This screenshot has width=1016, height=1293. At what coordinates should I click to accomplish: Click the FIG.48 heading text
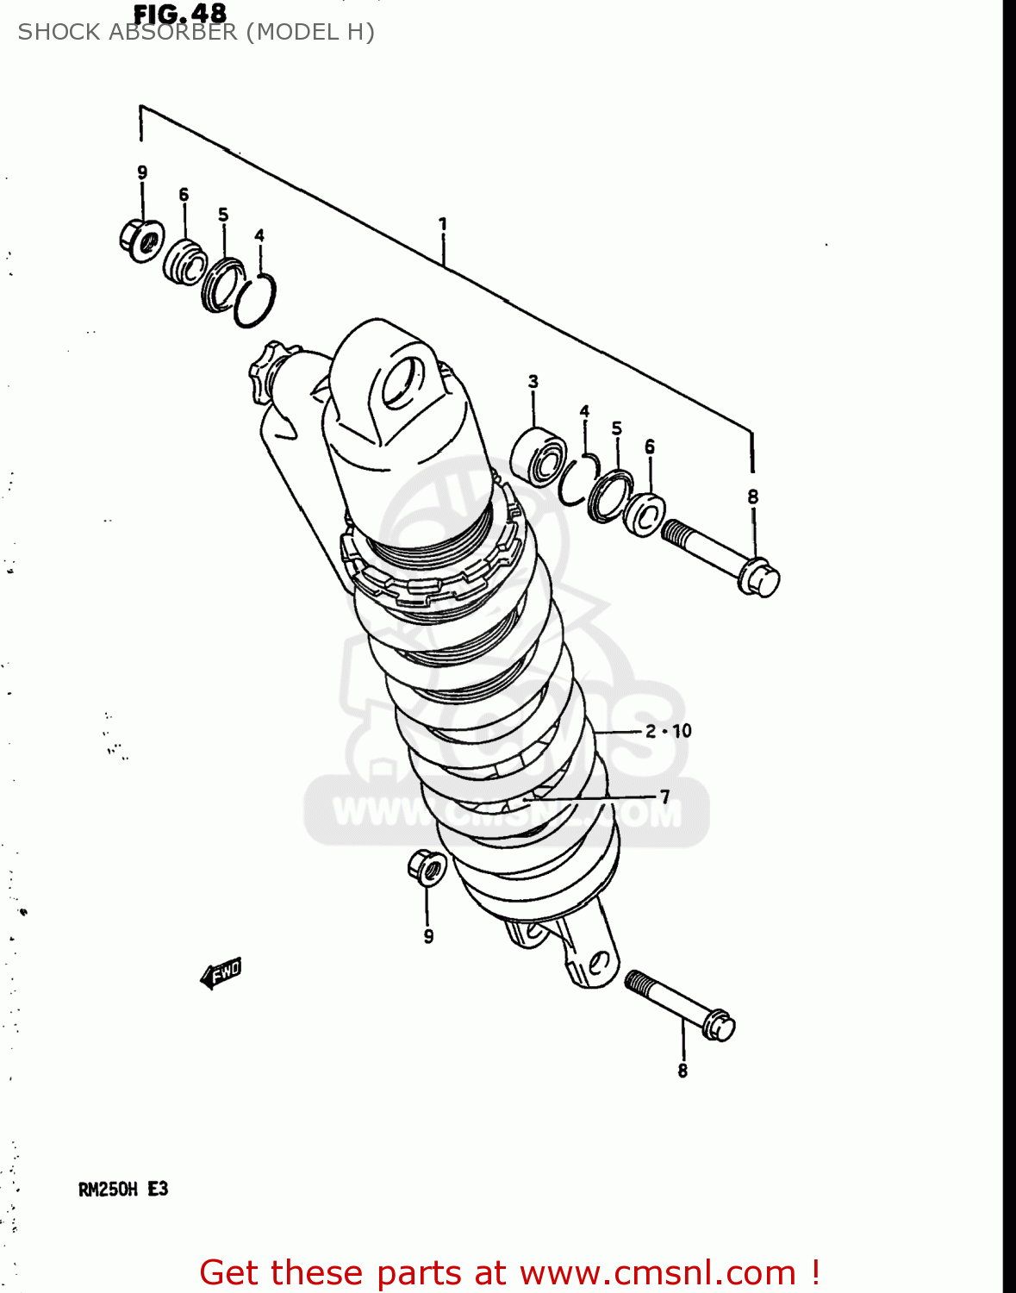(x=179, y=13)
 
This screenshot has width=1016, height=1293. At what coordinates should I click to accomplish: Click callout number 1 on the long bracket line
(x=443, y=224)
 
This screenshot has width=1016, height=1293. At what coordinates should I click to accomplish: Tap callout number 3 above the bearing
(x=533, y=381)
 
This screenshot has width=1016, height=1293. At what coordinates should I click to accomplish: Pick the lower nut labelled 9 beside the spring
(x=427, y=867)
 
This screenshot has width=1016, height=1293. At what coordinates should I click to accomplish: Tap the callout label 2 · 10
(x=669, y=731)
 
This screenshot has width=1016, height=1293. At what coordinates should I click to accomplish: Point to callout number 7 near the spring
(x=664, y=796)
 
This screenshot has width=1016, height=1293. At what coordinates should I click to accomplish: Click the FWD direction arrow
(x=221, y=972)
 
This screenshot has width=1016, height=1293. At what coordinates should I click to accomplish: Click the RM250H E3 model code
(x=123, y=1190)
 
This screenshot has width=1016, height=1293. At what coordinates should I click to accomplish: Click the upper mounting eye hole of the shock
(x=402, y=383)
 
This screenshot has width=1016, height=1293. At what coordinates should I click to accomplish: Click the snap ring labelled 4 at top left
(x=255, y=300)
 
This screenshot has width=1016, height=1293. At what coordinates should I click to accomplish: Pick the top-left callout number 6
(x=184, y=195)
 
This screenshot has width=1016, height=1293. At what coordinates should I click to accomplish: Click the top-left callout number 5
(x=223, y=215)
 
